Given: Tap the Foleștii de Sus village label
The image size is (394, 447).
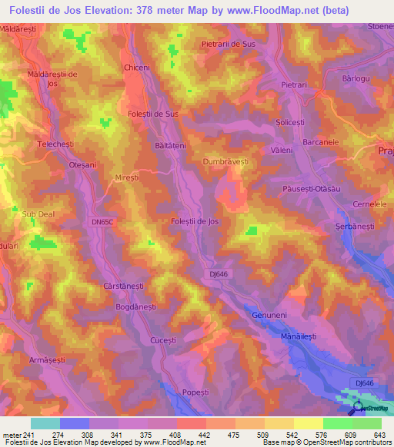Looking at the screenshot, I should click(x=152, y=114).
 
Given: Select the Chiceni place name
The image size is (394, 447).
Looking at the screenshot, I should click(x=136, y=68).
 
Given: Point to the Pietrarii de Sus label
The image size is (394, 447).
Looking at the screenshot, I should click(x=228, y=44).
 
